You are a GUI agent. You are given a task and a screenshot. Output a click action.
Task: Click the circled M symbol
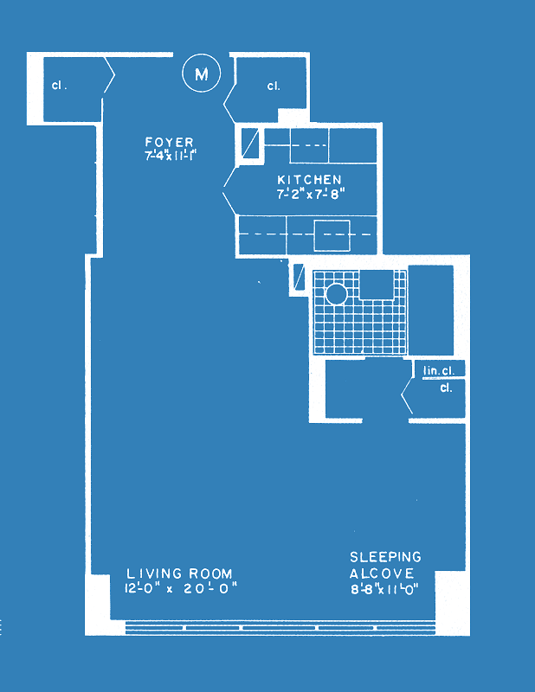(202, 73)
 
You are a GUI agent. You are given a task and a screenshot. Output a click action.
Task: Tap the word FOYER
(169, 142)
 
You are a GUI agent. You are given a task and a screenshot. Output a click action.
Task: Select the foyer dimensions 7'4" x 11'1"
(170, 156)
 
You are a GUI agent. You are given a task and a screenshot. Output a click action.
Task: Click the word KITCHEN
(309, 180)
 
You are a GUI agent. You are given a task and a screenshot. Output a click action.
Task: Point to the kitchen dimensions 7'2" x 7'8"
(311, 194)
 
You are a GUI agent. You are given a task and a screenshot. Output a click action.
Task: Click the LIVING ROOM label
(179, 573)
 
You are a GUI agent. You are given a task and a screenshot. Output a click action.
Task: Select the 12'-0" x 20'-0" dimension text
(181, 588)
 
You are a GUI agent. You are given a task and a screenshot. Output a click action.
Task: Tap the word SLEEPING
(386, 557)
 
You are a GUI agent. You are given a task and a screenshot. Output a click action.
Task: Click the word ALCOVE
(382, 573)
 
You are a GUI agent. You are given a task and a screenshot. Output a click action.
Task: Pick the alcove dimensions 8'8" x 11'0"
(384, 589)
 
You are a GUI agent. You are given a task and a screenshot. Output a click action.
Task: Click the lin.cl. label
(439, 371)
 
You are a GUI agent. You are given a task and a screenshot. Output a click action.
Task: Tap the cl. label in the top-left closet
(59, 85)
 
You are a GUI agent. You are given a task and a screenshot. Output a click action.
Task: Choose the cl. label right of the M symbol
(274, 86)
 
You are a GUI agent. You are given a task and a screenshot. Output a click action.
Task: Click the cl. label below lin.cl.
(446, 388)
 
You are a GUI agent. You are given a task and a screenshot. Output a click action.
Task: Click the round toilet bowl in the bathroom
(336, 294)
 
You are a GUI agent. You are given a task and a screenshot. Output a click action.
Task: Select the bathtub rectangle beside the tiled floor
(431, 310)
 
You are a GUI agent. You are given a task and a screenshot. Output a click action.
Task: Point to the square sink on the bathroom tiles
(376, 285)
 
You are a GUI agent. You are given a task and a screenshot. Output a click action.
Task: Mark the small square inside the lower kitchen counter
(332, 235)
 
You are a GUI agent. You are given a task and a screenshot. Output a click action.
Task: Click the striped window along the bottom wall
(280, 627)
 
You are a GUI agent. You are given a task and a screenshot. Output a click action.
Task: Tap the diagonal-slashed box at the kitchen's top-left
(250, 143)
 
